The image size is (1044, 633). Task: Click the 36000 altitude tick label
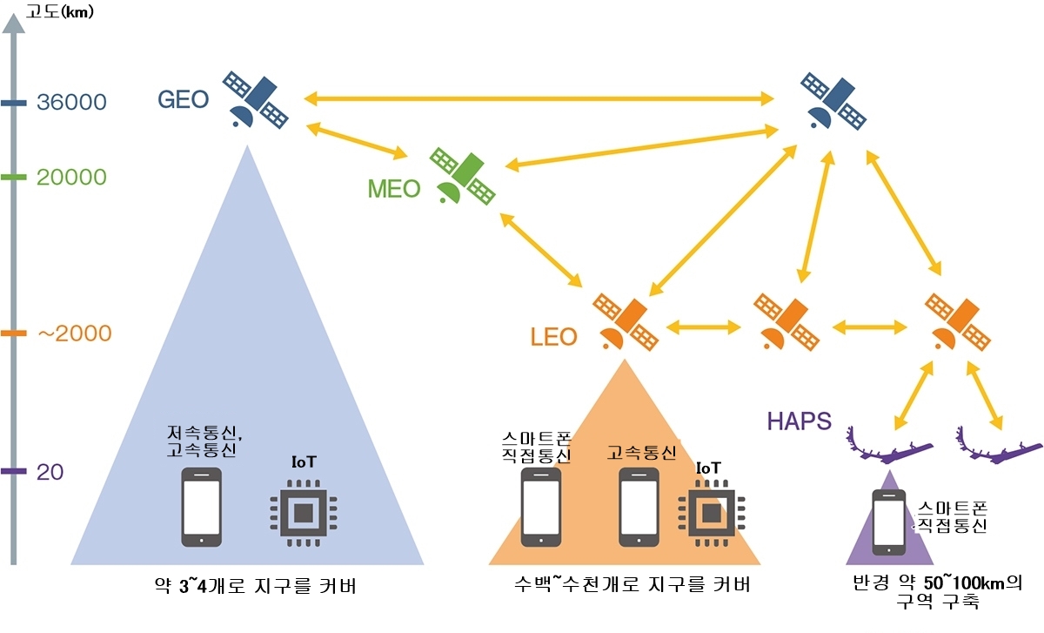(x=71, y=103)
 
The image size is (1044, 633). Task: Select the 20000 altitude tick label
(x=71, y=178)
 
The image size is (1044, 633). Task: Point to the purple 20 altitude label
(x=50, y=472)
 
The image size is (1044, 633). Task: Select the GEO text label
(x=183, y=99)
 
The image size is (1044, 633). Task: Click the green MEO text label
(x=394, y=188)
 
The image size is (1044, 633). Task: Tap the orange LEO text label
(x=553, y=336)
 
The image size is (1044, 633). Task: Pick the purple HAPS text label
(x=799, y=421)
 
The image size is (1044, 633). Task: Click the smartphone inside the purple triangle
(x=889, y=521)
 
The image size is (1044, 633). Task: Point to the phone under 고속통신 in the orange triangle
(x=638, y=508)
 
